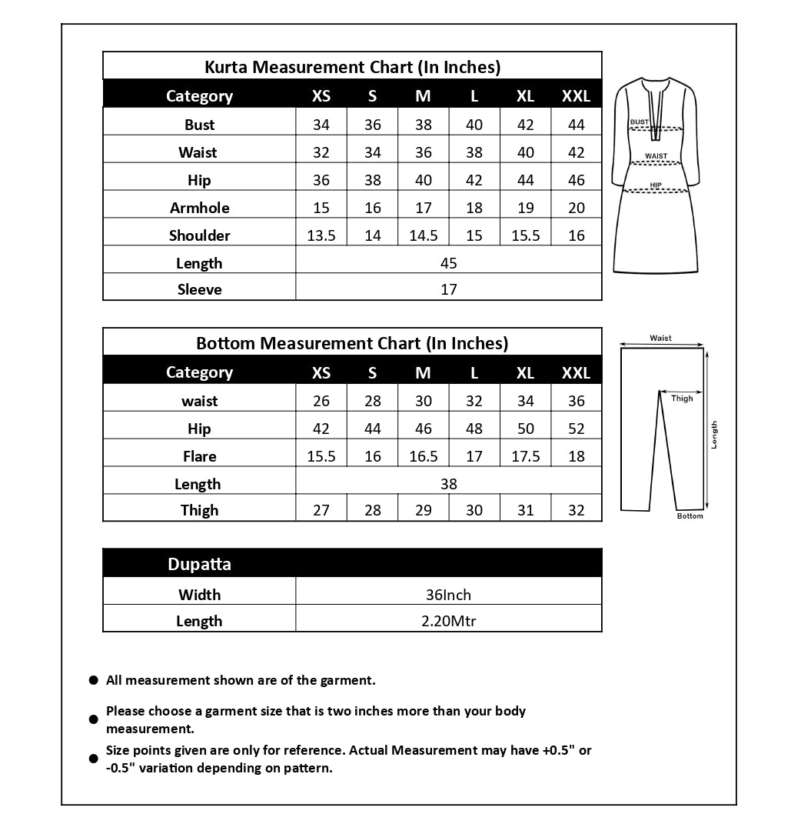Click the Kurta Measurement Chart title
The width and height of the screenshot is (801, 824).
point(352,67)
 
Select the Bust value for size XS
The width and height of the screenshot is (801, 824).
point(321,125)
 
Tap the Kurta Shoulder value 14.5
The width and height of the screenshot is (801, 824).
point(424,235)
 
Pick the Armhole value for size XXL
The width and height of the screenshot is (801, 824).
point(577,208)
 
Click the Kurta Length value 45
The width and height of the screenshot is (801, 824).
point(449,263)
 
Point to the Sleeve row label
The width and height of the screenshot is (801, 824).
point(199,290)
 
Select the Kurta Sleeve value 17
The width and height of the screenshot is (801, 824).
point(449,290)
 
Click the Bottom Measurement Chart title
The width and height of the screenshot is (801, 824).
point(352,343)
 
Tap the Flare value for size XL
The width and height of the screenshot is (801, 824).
point(526,456)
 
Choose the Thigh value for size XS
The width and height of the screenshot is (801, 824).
point(321,510)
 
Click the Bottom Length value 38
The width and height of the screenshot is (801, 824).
point(449,484)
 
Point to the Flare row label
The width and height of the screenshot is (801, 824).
point(199,456)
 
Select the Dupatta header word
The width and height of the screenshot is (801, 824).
point(199,564)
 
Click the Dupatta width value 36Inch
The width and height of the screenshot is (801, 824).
point(448,595)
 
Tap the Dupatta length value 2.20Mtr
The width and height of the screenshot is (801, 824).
point(448,621)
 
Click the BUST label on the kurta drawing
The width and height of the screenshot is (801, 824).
point(639,122)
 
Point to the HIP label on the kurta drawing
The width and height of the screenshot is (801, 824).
point(656,185)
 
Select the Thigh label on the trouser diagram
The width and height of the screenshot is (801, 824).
point(682,399)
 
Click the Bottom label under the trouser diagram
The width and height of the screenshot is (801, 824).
point(690,516)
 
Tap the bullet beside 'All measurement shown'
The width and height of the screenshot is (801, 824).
point(94,681)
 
